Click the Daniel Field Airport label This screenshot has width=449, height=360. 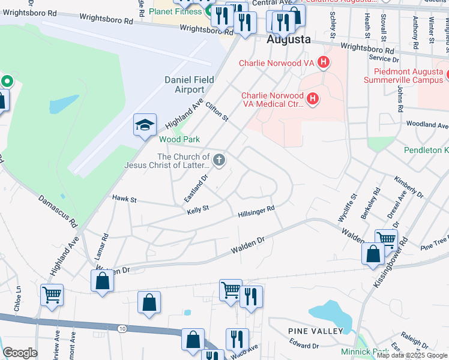[x=184, y=85]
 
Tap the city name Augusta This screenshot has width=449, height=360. [x=288, y=40]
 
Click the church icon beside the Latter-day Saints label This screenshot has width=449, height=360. [x=220, y=160]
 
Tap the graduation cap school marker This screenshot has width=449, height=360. [x=145, y=125]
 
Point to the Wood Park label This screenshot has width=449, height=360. [x=179, y=139]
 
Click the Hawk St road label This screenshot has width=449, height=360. [x=125, y=198]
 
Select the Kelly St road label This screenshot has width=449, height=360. [x=197, y=209]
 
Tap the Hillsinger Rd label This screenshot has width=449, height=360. [x=256, y=211]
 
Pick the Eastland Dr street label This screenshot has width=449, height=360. [x=196, y=188]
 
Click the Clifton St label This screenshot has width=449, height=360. [x=217, y=111]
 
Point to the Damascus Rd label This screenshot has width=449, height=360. [x=58, y=209]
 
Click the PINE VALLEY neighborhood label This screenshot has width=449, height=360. [x=315, y=331]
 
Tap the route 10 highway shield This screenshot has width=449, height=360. [x=122, y=328]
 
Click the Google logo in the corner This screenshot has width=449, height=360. [x=20, y=353]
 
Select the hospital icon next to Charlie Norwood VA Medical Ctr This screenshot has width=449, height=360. [x=312, y=100]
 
